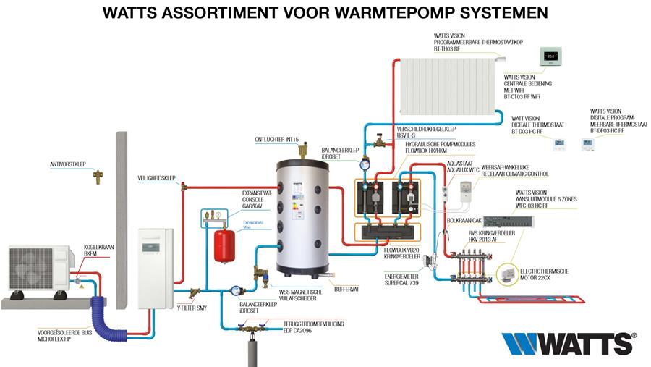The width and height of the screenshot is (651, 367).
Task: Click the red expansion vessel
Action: coord(225,246)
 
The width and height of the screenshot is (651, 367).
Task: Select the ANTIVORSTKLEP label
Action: coord(67,164)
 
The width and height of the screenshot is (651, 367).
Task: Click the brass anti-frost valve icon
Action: coord(98,175)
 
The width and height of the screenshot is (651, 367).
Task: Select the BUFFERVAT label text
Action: coord(347,289)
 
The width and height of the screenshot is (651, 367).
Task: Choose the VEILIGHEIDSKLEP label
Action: coord(156,177)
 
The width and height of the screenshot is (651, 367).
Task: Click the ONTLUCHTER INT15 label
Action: coord(277,138)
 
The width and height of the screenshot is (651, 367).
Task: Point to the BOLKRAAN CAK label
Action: coord(465,219)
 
